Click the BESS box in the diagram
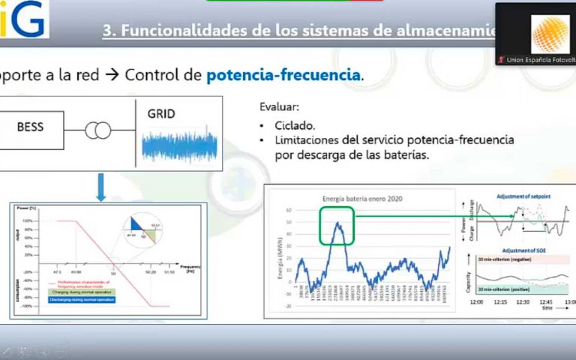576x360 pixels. click(x=31, y=127)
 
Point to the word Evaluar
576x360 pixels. click(x=279, y=107)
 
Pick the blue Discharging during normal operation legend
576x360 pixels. click(x=70, y=298)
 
